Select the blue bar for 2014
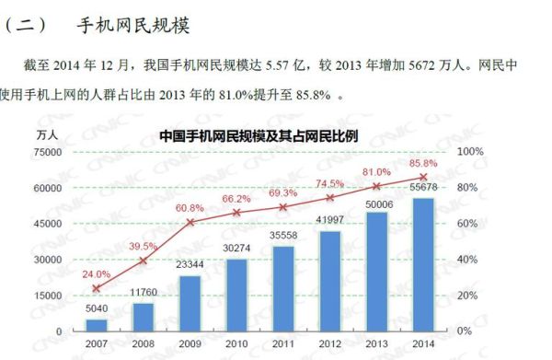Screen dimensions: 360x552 [423, 264]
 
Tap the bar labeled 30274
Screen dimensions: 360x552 [237, 295]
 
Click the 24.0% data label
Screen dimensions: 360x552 [97, 274]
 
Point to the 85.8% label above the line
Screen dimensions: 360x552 [423, 164]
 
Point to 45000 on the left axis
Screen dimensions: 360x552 [48, 224]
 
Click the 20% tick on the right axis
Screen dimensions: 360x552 [468, 296]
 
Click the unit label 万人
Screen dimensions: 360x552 [48, 134]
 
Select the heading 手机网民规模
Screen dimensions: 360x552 [134, 25]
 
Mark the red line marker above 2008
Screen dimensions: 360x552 [144, 261]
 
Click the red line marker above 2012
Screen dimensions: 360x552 [330, 197]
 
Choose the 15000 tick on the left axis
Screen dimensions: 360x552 [48, 296]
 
